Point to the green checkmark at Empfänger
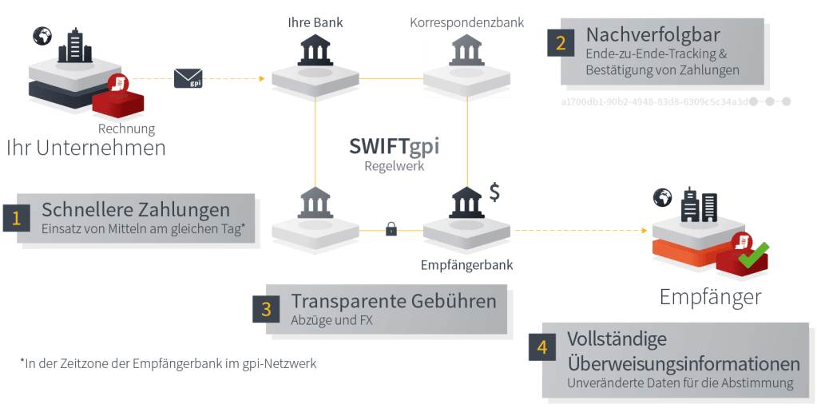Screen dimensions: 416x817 coord(752,255)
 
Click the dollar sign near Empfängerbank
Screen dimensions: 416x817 coord(495,194)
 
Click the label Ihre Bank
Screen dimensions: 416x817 coord(315,22)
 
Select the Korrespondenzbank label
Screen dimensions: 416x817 coord(466,22)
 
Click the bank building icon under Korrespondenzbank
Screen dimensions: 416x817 coord(466,50)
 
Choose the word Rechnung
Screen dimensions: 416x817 coord(126,128)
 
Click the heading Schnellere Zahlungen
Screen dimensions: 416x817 coord(136,210)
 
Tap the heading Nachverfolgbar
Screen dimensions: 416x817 coord(653,35)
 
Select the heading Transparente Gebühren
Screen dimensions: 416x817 coord(394,302)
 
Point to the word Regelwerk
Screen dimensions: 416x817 coord(393,166)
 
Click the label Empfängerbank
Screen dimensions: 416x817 coord(467,264)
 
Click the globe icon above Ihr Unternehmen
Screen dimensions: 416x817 coord(42,35)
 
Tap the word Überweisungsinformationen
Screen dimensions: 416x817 coord(683,363)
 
